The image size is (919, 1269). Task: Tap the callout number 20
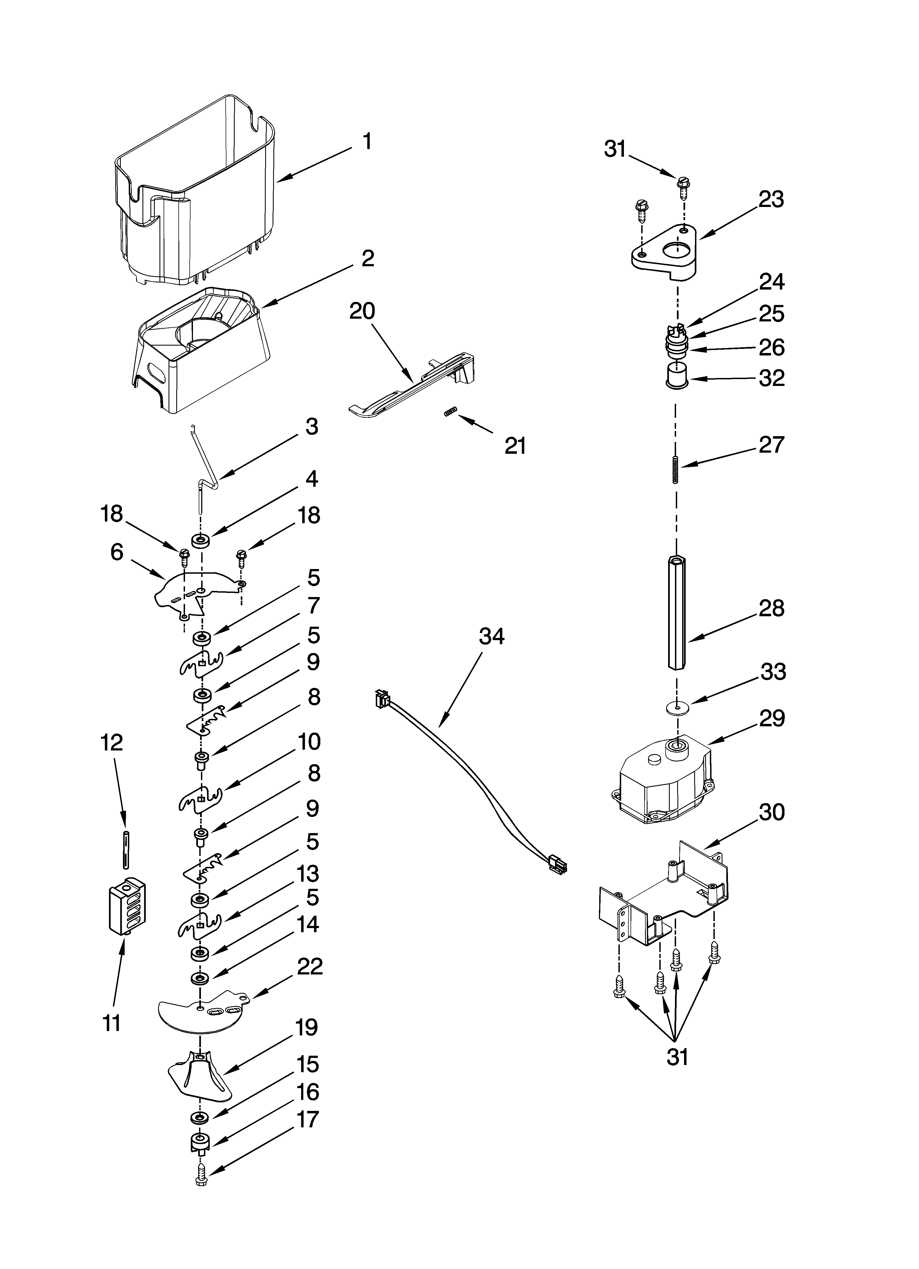click(x=362, y=311)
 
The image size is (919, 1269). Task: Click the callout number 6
click(x=116, y=552)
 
